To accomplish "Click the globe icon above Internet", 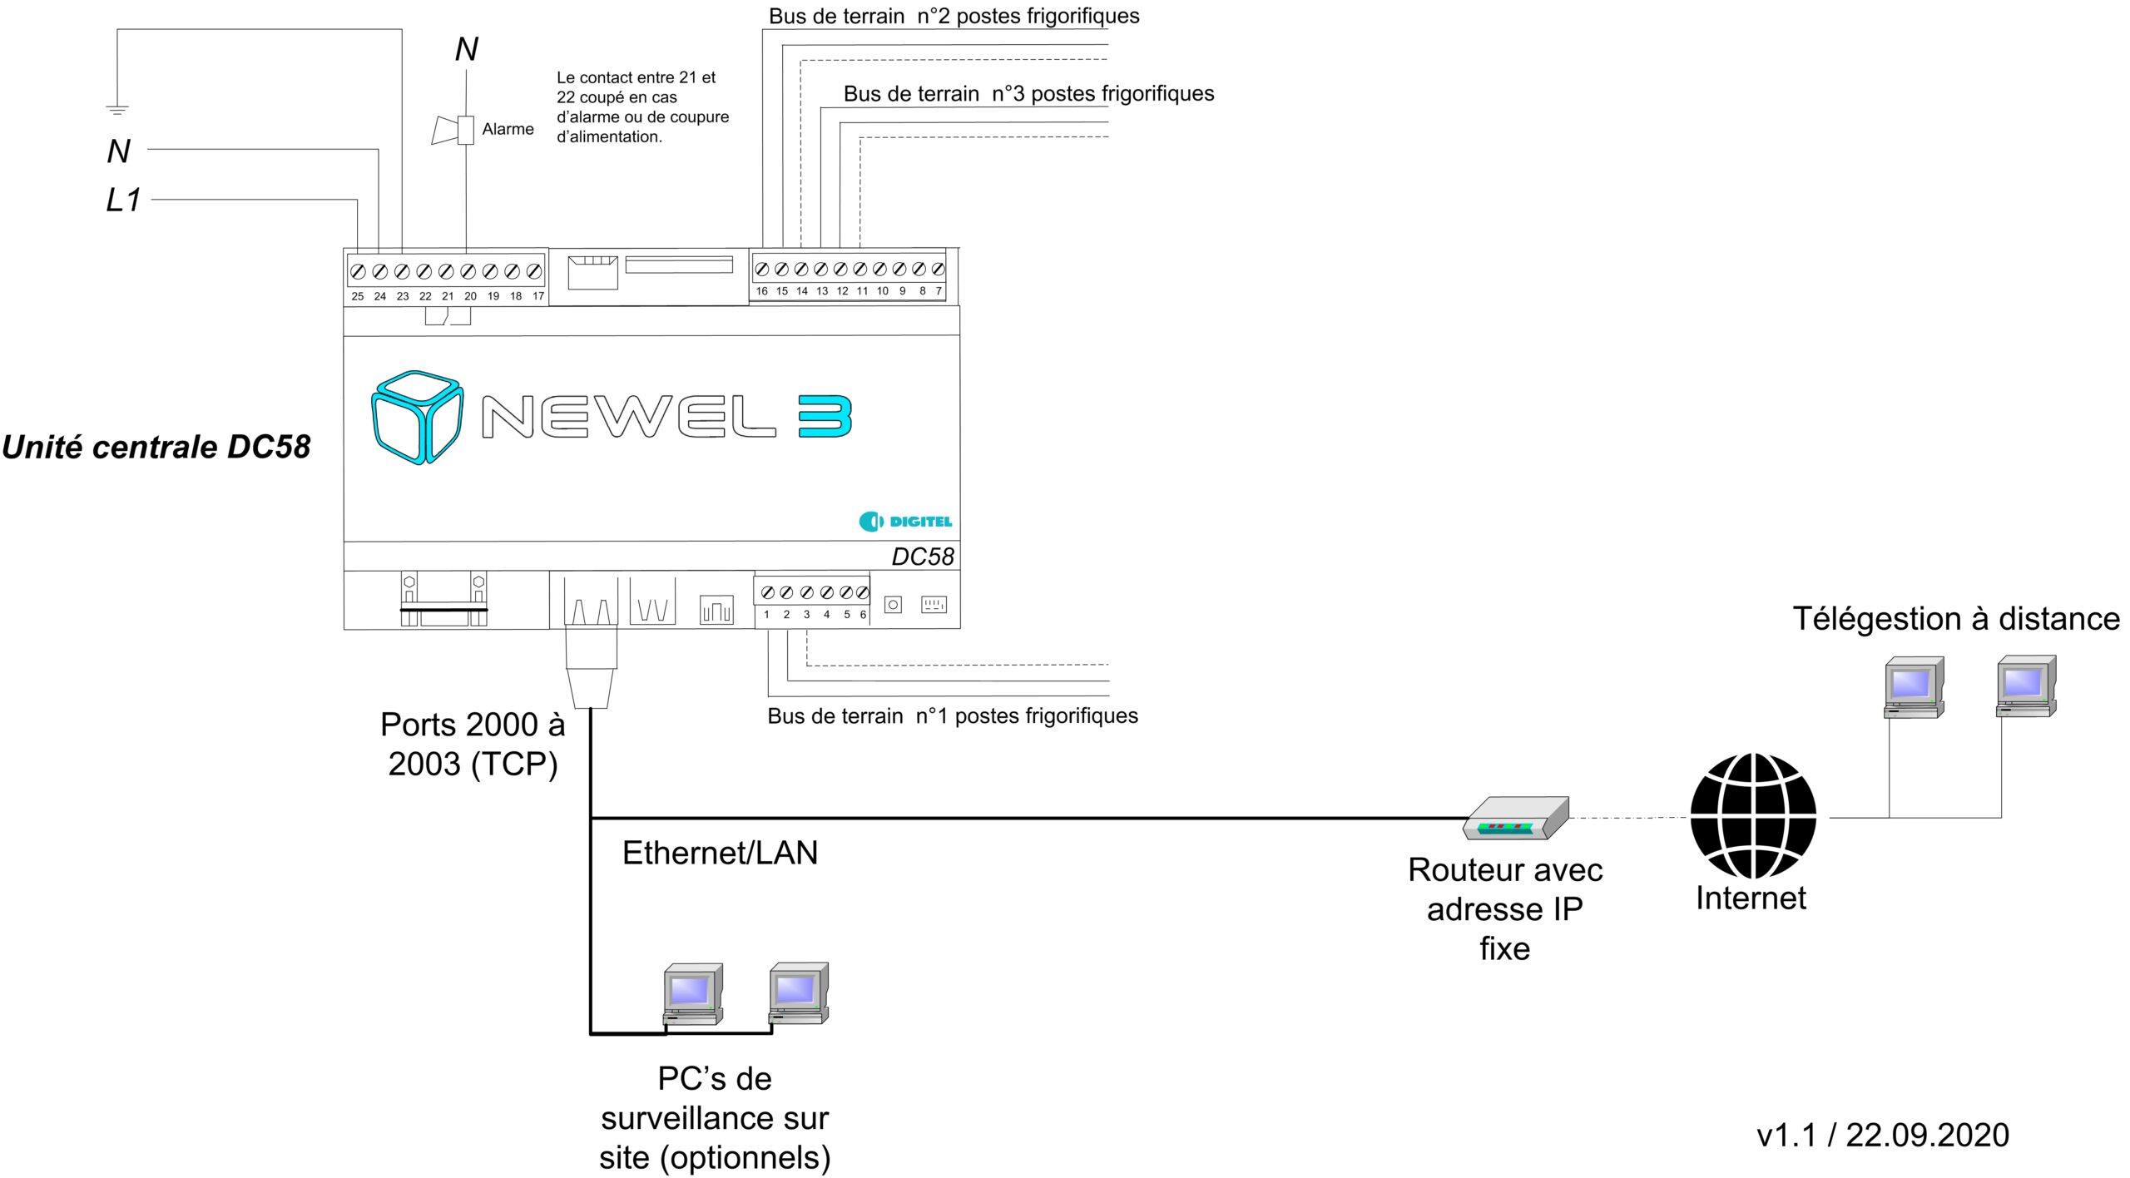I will pos(1753,815).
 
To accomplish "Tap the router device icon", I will pos(1516,818).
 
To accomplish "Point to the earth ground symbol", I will pos(117,109).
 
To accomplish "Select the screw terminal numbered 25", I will pos(358,272).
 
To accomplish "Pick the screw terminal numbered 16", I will pos(761,270).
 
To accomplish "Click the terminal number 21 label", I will pos(448,296).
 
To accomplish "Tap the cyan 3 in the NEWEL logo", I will pos(825,416).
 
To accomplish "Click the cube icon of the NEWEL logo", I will pos(417,417).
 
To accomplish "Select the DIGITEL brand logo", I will pos(905,522).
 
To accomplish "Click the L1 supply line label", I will pos(123,200).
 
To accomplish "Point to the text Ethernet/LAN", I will pos(720,853).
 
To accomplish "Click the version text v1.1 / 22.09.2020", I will pos(1882,1135).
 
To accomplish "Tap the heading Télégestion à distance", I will pos(1955,619).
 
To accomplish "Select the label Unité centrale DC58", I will pos(156,447).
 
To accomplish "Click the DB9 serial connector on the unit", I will pos(443,599).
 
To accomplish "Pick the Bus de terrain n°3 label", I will pos(1028,93).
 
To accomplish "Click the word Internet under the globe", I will pos(1751,898).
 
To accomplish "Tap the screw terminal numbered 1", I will pos(767,592).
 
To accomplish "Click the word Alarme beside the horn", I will pos(508,129).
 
